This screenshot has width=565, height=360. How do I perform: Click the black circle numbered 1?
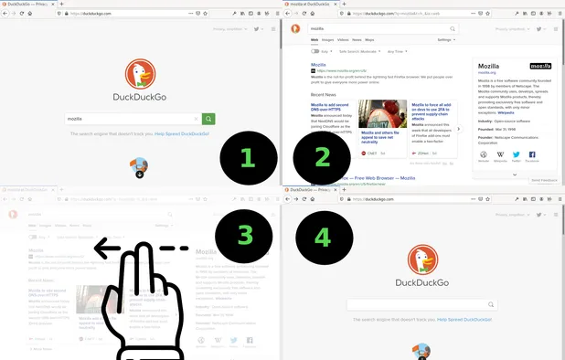[245, 157]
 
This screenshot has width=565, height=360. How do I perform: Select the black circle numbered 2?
[322, 157]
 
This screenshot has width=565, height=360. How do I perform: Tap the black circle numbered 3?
[245, 236]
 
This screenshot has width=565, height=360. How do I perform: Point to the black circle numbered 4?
[322, 236]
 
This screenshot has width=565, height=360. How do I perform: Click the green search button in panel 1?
[209, 119]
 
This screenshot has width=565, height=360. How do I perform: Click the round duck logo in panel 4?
[423, 258]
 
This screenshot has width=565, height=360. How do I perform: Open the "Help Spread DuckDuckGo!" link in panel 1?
[182, 134]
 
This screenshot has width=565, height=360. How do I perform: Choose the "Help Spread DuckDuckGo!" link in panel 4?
[465, 319]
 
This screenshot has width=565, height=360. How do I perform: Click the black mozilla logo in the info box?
[540, 66]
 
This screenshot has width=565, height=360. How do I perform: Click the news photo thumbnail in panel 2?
[383, 114]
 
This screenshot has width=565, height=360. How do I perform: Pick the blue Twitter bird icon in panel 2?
[517, 154]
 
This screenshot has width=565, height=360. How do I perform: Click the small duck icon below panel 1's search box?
[140, 166]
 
